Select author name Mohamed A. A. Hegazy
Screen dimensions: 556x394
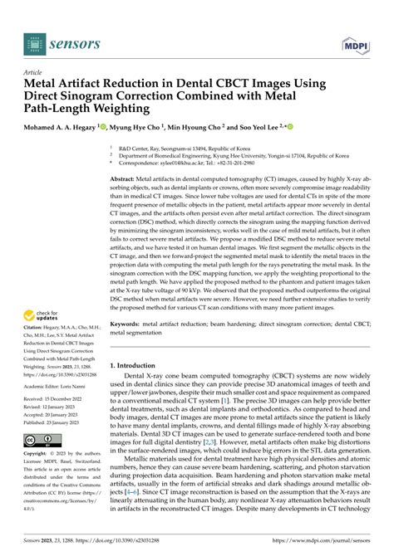pyautogui.click(x=60, y=127)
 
